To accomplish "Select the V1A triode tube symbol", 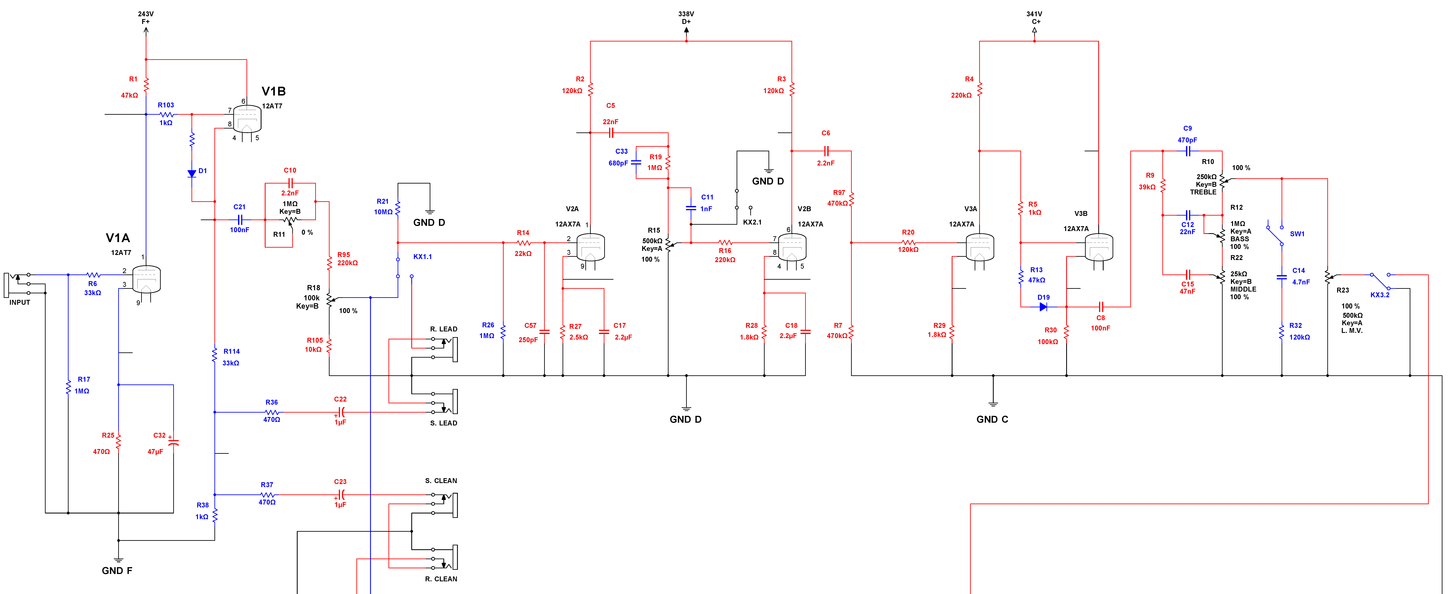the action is tap(146, 280).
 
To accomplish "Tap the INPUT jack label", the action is tap(20, 302).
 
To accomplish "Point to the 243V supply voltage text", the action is tap(146, 14).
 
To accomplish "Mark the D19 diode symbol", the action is tap(1043, 307).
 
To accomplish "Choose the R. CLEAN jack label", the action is tap(441, 579).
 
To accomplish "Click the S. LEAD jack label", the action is tap(444, 423).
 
